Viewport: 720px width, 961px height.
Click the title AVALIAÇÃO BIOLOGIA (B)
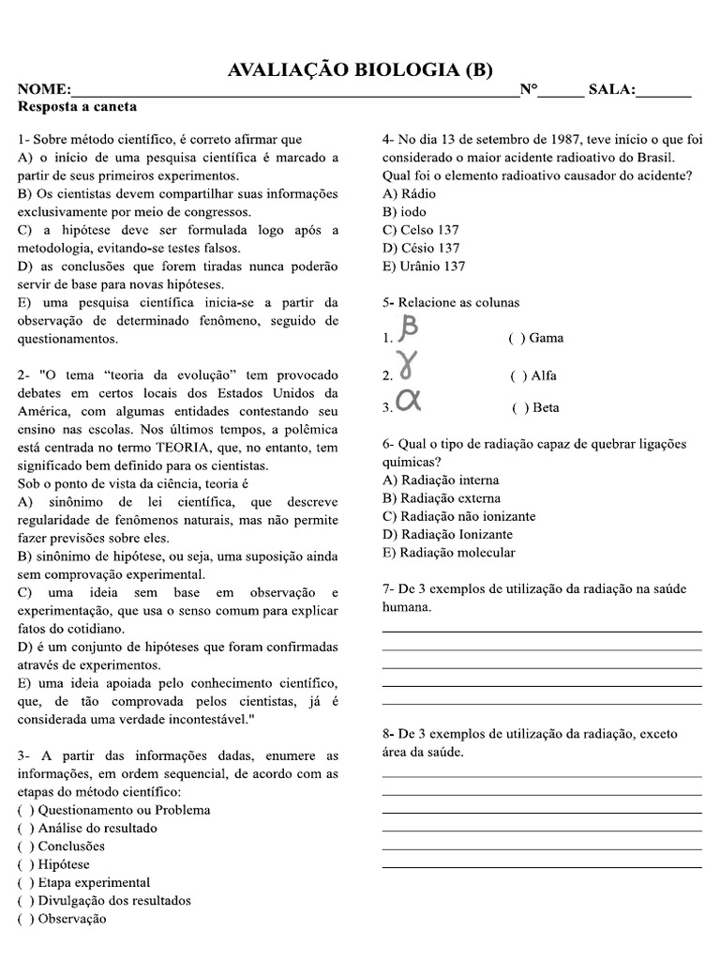tap(360, 70)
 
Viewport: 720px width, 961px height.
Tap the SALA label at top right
tap(610, 90)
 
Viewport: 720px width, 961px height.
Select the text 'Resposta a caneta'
tap(77, 108)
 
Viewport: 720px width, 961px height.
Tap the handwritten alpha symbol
tap(409, 400)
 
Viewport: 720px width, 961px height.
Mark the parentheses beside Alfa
tap(517, 375)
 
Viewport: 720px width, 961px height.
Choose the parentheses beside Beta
tap(518, 407)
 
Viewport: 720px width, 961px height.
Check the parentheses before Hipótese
tap(25, 864)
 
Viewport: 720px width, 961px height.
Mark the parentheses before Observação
tap(25, 919)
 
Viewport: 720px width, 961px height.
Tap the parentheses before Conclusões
tap(25, 846)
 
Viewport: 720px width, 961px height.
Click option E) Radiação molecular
tap(448, 552)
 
